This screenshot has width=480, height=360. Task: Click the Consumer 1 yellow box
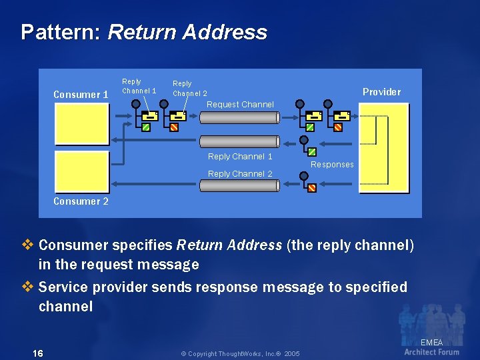[x=82, y=124]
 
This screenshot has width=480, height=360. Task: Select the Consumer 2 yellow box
[x=82, y=172]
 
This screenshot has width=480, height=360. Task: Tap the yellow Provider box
[x=384, y=149]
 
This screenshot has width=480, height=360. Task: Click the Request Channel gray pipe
[x=240, y=117]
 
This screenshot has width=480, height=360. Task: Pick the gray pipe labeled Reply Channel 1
[x=240, y=142]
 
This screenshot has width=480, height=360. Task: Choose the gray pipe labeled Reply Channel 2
[x=240, y=185]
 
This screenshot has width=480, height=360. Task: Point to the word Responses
[x=332, y=165]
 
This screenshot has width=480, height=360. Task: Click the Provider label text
[x=382, y=92]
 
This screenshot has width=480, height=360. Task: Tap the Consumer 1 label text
[x=81, y=94]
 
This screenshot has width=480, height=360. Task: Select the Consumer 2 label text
[x=81, y=201]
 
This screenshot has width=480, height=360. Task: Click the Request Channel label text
[x=240, y=105]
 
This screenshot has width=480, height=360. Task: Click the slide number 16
[x=38, y=353]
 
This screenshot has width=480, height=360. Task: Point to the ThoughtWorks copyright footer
[x=240, y=354]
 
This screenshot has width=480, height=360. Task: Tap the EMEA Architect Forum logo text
[x=431, y=347]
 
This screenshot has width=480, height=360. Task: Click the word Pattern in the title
[x=61, y=32]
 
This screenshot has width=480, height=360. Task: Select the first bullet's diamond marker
[x=27, y=245]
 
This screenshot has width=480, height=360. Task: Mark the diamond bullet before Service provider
[x=27, y=287]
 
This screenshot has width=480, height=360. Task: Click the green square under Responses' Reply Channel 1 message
[x=312, y=152]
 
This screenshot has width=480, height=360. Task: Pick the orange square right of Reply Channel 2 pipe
[x=312, y=187]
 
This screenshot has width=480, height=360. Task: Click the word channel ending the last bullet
[x=65, y=306]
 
